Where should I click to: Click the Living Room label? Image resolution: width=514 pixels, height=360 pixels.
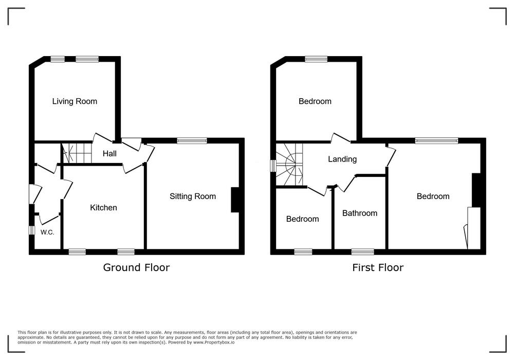point(75,101)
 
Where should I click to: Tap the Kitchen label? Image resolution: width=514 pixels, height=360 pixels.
point(104,208)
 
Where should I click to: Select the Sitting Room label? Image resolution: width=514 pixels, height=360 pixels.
point(193,196)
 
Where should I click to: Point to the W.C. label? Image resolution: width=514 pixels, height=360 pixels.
point(47,232)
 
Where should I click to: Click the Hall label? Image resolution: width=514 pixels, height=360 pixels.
point(109,153)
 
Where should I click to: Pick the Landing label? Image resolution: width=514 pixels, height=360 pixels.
point(342,159)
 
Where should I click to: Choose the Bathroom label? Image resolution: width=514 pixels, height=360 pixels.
point(360,213)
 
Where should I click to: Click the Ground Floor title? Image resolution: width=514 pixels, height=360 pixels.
point(136,267)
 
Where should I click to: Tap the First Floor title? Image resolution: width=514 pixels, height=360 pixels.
point(378,267)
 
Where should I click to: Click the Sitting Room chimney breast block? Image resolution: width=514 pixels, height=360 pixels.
point(235,200)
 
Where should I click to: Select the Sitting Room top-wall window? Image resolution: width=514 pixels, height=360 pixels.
point(192,140)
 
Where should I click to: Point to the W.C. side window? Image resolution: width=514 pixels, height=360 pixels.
point(31,230)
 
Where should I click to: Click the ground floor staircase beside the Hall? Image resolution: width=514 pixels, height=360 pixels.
point(77,152)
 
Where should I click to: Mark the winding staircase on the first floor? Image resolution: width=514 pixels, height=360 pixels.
point(289,165)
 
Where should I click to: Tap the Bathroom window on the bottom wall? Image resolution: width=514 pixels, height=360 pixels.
point(362,252)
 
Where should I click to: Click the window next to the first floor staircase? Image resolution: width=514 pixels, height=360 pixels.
point(273,166)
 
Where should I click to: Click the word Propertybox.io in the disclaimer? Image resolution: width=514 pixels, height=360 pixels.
point(214,343)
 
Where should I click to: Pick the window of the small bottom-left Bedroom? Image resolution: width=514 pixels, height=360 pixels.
point(303,252)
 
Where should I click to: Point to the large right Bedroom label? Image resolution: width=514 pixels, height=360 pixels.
point(433,196)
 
